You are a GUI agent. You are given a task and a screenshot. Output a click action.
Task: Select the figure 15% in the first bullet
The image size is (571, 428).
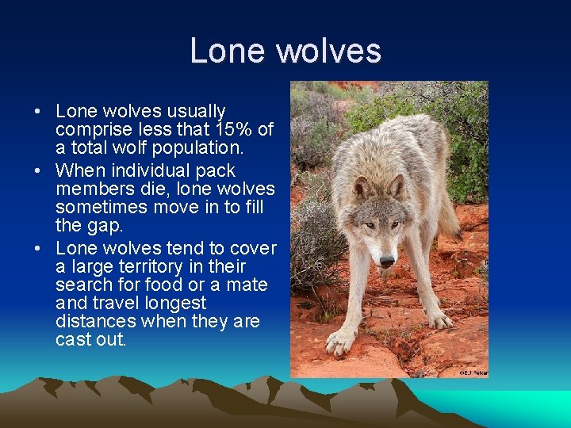click(x=230, y=130)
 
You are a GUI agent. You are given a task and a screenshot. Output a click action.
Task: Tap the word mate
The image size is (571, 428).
click(x=247, y=285)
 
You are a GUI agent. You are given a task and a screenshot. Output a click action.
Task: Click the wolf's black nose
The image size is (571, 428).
click(x=387, y=260)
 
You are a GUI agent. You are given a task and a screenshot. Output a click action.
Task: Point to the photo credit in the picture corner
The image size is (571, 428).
click(x=473, y=372)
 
